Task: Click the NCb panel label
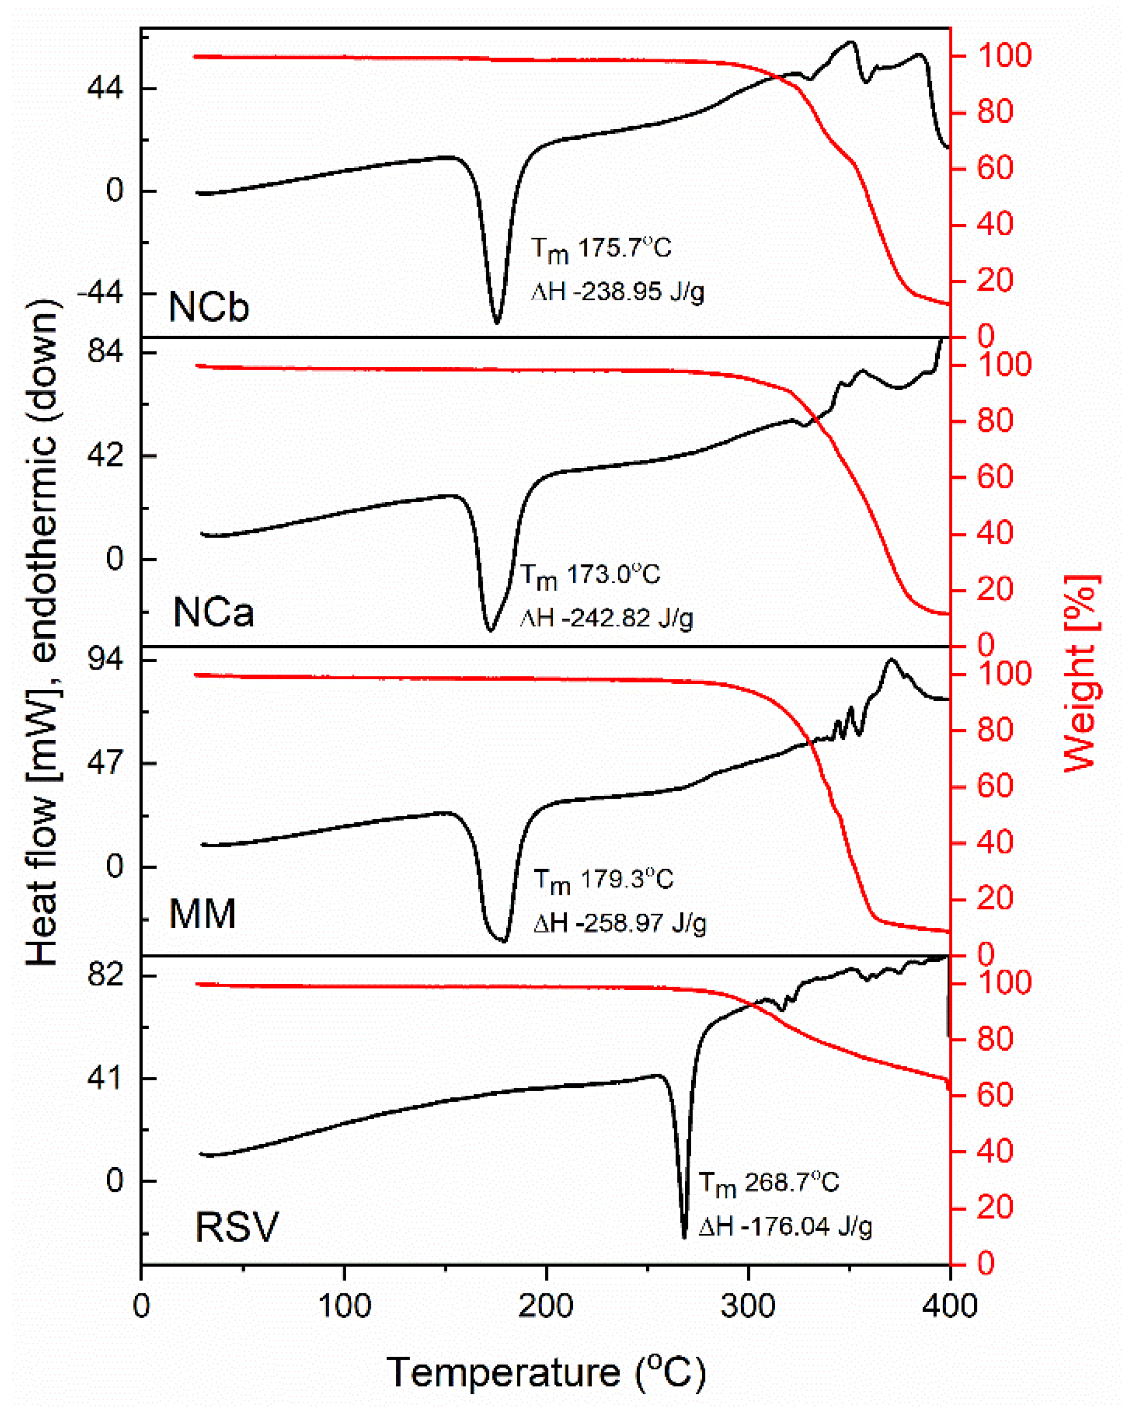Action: point(209,306)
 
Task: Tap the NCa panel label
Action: point(213,613)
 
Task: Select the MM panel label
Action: point(202,914)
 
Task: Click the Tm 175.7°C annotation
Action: point(601,249)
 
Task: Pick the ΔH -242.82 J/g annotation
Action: point(606,618)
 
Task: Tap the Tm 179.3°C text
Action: point(603,881)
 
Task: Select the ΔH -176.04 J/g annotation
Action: point(784,1226)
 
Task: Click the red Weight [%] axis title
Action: point(1081,674)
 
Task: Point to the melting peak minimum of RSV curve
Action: point(684,1237)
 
